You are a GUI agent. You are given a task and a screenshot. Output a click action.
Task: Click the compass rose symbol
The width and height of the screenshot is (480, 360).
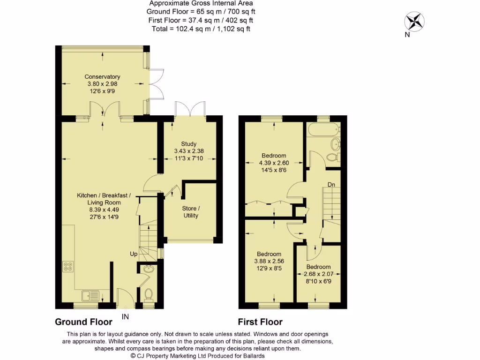414,21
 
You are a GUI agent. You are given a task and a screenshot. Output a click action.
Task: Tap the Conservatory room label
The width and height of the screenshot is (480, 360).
102,77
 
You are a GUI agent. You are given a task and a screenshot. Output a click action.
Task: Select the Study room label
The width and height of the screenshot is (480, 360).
189,144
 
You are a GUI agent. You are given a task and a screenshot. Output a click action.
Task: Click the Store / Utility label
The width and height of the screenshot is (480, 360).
191,212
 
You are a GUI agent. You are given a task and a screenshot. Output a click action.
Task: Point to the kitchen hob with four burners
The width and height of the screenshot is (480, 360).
67,266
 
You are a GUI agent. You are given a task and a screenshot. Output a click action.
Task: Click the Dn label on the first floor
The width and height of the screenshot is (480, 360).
331,184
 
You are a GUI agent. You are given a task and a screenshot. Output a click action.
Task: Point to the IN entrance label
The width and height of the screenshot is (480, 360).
125,317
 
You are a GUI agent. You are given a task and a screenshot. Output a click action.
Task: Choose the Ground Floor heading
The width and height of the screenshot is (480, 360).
83,322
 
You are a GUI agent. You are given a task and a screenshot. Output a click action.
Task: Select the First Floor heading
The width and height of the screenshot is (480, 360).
260,322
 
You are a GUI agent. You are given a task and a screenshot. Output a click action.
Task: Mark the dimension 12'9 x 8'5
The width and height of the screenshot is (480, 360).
269,269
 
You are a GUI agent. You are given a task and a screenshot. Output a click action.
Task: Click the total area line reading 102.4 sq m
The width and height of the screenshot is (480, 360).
201,29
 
